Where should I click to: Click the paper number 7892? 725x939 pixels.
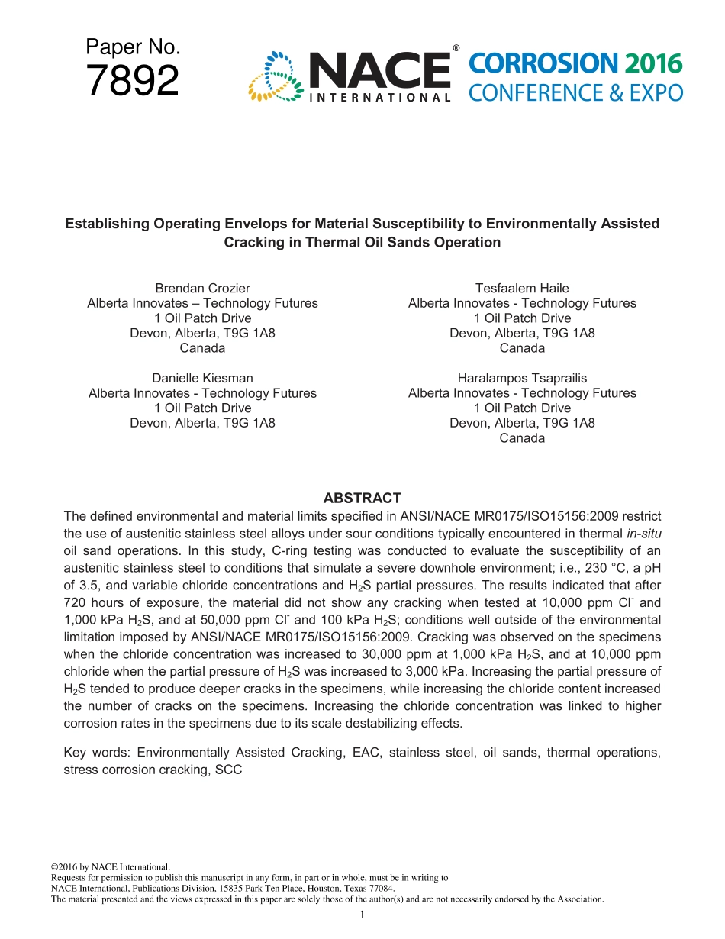point(133,81)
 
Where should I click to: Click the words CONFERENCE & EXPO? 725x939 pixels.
point(575,93)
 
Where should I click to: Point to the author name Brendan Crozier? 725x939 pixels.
point(202,288)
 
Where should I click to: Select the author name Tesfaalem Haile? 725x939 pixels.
point(522,288)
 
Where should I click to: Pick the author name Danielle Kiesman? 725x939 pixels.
point(202,378)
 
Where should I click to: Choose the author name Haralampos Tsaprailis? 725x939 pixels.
point(522,378)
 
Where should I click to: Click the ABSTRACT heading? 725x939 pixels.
point(362,499)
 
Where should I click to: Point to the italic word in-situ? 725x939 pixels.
point(643,533)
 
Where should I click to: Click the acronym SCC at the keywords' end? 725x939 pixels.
point(228,770)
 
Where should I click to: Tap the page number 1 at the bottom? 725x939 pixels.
point(362,915)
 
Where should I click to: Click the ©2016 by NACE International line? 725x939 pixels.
point(111,867)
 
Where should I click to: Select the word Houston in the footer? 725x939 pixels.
point(308,889)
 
